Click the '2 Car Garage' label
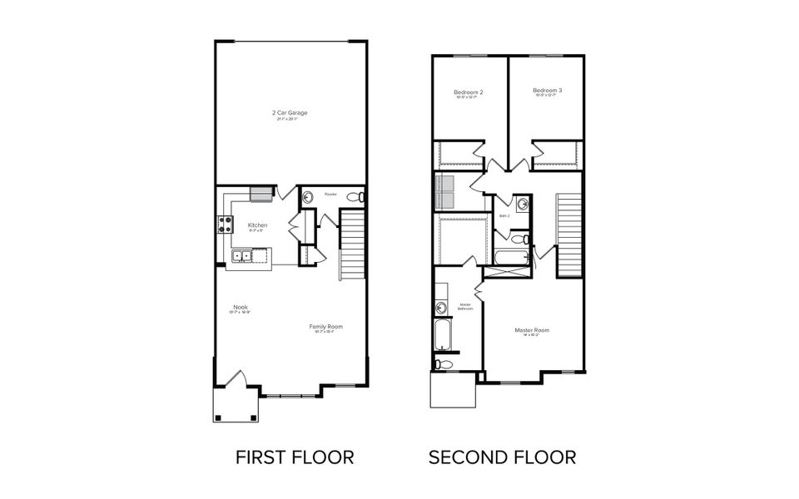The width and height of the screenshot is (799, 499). [290, 112]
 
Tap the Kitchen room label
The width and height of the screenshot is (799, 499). [256, 226]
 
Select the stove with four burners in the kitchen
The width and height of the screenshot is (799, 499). [225, 223]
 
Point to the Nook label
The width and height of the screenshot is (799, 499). [241, 308]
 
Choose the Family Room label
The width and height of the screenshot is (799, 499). [325, 327]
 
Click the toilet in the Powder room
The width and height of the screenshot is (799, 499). [355, 197]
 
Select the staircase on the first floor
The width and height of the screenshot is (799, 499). [352, 245]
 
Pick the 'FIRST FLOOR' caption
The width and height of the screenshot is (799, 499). [295, 457]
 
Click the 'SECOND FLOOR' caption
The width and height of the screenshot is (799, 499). [502, 457]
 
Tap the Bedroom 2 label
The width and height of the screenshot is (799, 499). [469, 92]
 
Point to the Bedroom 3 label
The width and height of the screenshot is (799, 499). [548, 91]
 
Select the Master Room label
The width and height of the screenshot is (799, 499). [532, 330]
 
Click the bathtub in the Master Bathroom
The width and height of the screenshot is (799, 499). [441, 336]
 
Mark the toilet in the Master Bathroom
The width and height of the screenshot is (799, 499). [443, 363]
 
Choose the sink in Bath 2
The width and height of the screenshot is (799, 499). [523, 205]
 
